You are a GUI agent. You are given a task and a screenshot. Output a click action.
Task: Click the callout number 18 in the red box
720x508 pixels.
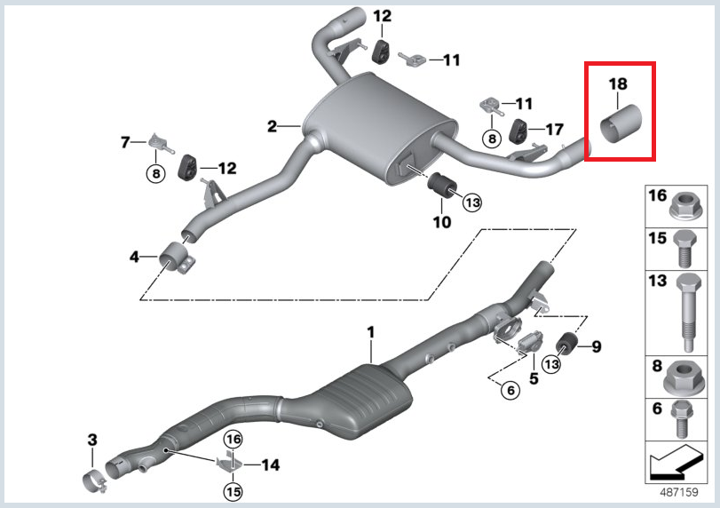point(618,84)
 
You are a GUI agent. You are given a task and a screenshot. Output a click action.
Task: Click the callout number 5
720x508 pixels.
point(534,377)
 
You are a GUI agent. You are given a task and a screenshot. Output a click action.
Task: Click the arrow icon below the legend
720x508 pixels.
point(671,463)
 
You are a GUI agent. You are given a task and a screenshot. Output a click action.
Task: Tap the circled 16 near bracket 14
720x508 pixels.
point(233,439)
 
